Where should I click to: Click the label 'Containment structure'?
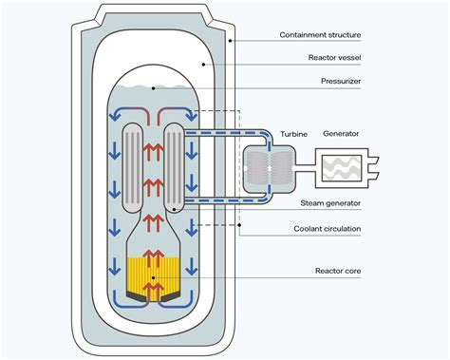[x=320, y=35]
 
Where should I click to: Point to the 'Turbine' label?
[x=291, y=134]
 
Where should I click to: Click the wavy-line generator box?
[x=341, y=172]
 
